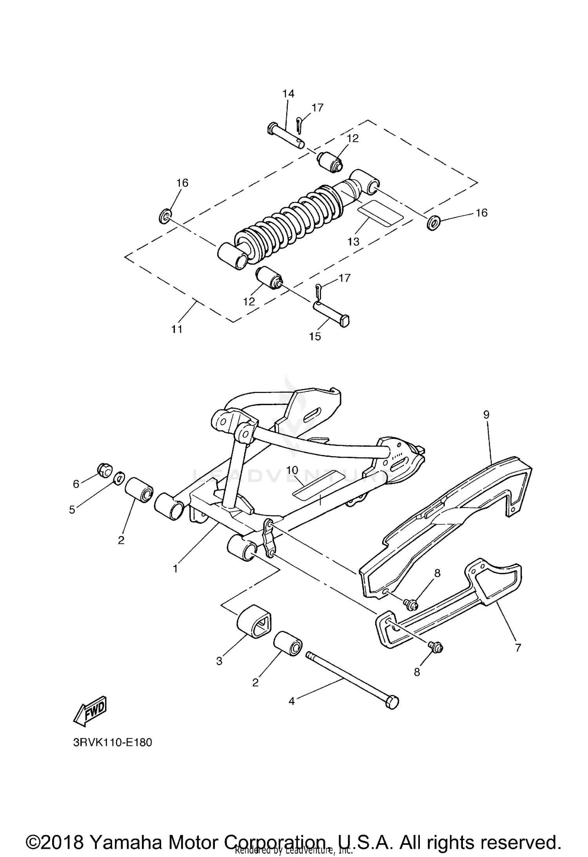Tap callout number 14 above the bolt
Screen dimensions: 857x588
[x=288, y=93]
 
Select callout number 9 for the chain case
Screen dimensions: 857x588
[x=486, y=415]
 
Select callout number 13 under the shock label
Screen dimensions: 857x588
[x=353, y=242]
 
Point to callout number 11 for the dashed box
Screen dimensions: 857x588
[x=177, y=329]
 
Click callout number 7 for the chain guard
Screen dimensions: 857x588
[x=518, y=648]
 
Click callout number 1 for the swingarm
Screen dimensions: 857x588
[x=175, y=568]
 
